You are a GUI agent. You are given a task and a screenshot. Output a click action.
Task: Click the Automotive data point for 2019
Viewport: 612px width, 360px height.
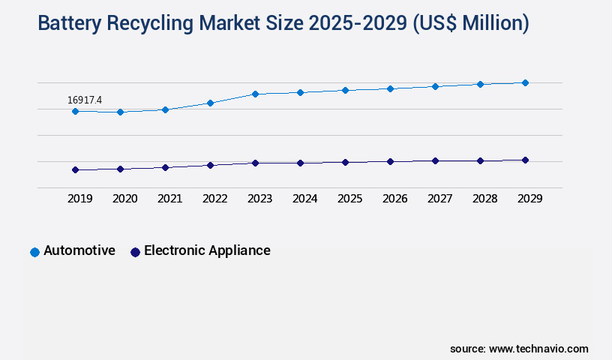pos(75,111)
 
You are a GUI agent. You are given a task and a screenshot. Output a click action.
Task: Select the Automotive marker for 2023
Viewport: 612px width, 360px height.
pos(255,94)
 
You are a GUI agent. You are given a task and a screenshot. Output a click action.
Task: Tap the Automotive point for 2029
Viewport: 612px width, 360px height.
pos(525,82)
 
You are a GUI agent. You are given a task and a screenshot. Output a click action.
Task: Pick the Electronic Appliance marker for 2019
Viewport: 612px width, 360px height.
pos(75,169)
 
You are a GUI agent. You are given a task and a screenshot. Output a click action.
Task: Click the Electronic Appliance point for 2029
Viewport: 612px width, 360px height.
pos(525,160)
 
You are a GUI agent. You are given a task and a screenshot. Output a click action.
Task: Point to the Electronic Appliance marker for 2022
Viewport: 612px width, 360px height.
pos(210,165)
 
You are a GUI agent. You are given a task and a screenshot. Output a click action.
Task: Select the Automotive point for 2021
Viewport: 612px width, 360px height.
pos(165,109)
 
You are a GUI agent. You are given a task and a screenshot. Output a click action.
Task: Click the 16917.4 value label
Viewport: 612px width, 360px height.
pos(85,100)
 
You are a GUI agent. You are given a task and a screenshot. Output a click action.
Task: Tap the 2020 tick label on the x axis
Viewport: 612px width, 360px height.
pos(124,199)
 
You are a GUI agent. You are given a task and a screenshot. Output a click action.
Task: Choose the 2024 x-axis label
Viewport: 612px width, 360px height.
pos(304,199)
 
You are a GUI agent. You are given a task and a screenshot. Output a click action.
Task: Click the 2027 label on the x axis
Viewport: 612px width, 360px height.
pos(439,199)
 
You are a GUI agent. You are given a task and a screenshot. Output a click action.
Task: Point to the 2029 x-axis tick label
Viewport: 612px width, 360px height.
pos(529,199)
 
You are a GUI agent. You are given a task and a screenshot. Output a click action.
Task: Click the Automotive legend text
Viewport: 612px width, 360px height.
pos(79,250)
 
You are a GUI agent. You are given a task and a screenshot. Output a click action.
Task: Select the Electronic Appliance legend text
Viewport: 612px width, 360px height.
pos(207,250)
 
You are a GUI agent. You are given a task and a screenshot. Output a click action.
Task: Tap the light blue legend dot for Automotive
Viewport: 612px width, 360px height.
pos(34,252)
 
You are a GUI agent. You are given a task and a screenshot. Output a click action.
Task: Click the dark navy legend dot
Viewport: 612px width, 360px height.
pos(135,252)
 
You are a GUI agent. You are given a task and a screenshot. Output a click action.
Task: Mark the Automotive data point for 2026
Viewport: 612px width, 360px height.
pos(390,88)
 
